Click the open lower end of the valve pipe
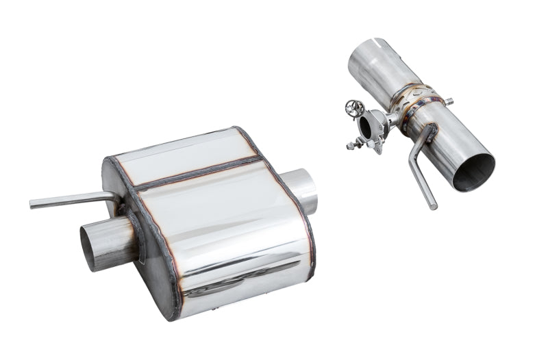point(474,171)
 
